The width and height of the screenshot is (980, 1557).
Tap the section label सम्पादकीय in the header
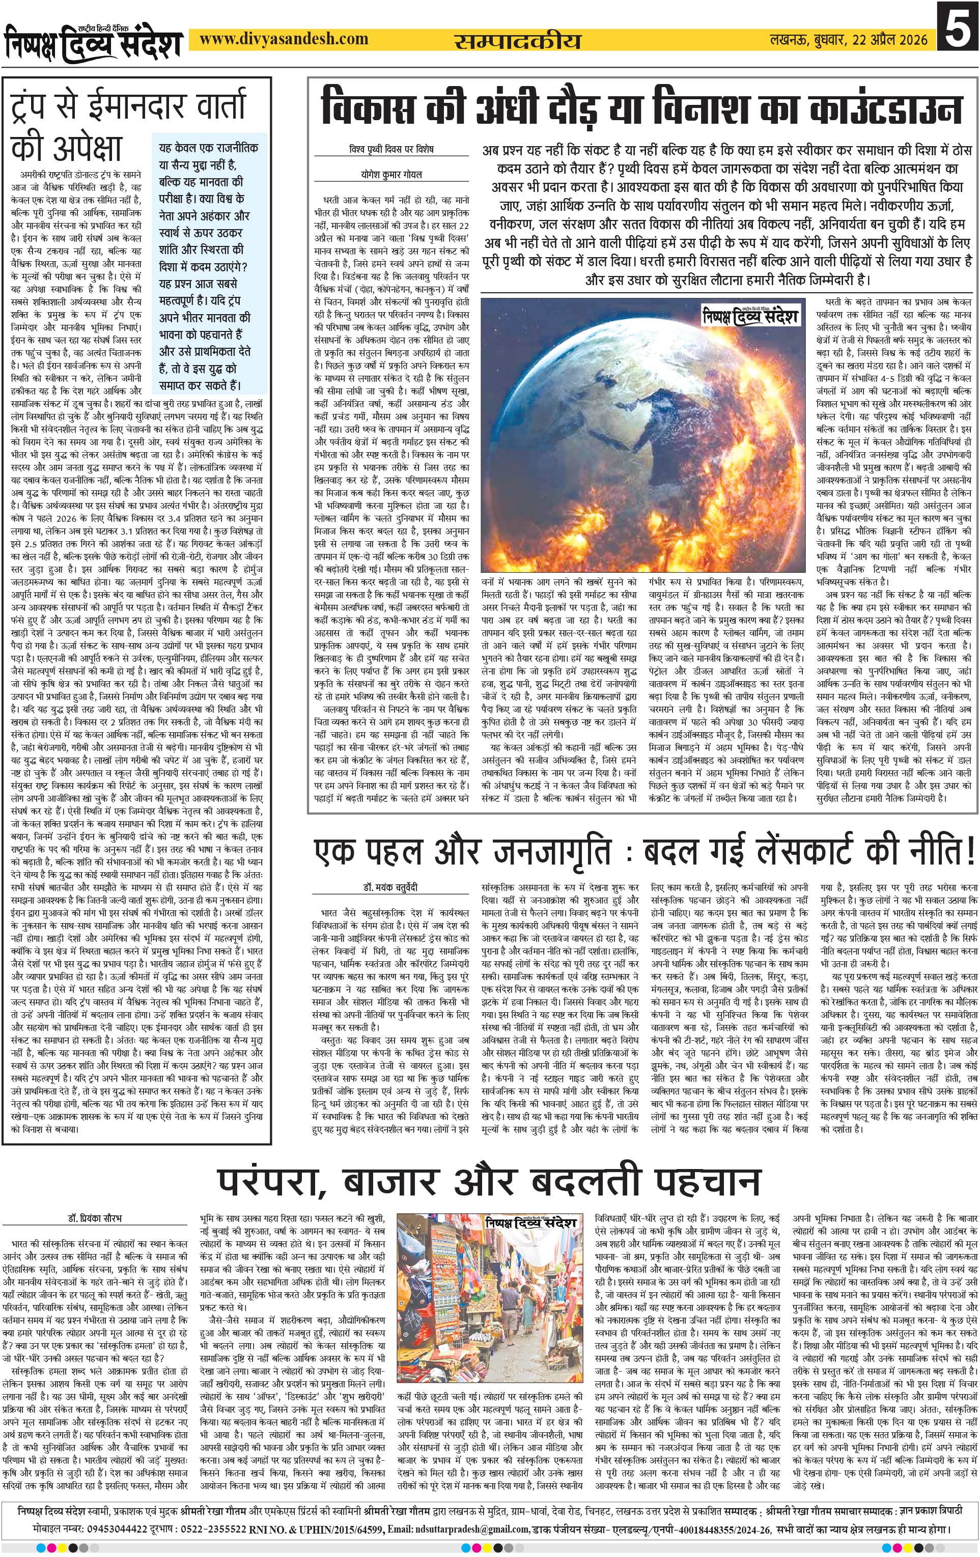(517, 41)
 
